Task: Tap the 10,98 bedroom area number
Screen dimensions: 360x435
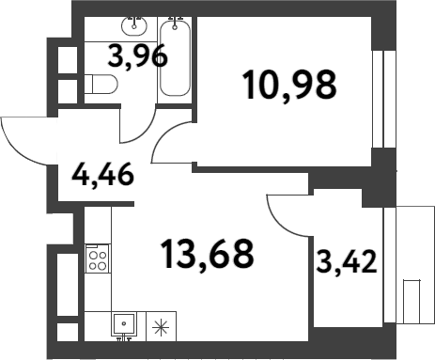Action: click(289, 86)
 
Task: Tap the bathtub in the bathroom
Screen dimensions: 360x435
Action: click(175, 58)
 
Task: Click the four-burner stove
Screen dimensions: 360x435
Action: click(98, 258)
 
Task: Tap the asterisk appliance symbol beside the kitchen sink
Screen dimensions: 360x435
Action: click(161, 327)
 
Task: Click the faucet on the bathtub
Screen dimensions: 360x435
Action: click(175, 20)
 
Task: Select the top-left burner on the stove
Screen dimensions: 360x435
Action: click(93, 253)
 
